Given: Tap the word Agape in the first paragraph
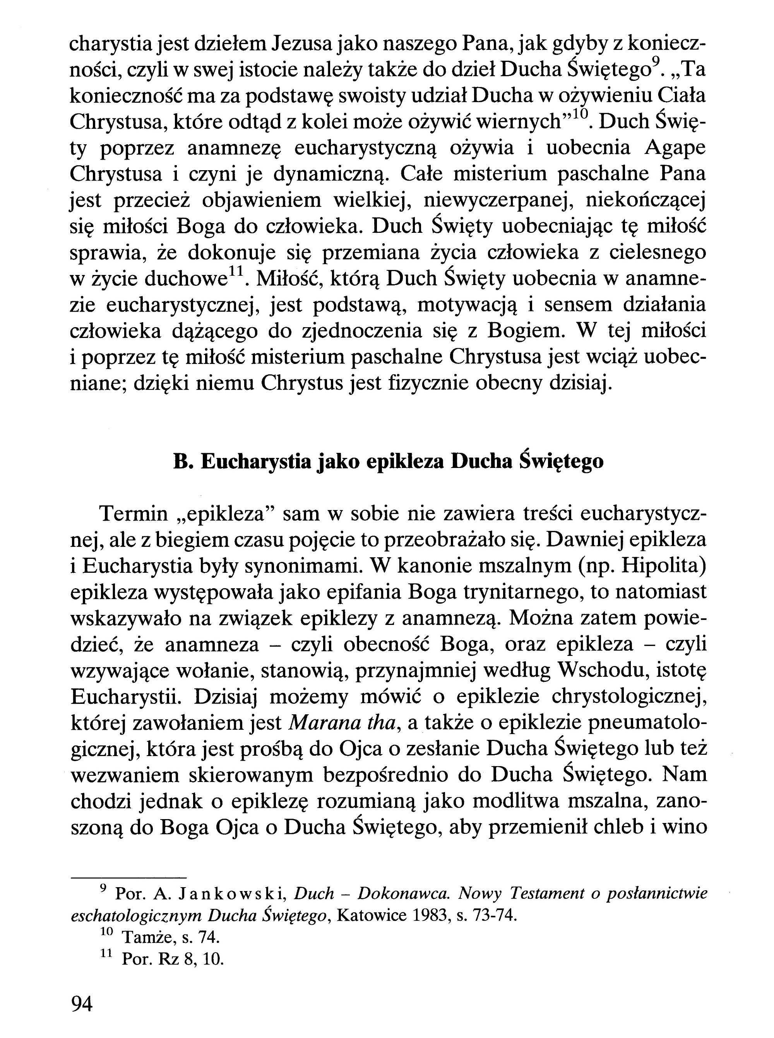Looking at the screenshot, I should (x=675, y=149).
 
